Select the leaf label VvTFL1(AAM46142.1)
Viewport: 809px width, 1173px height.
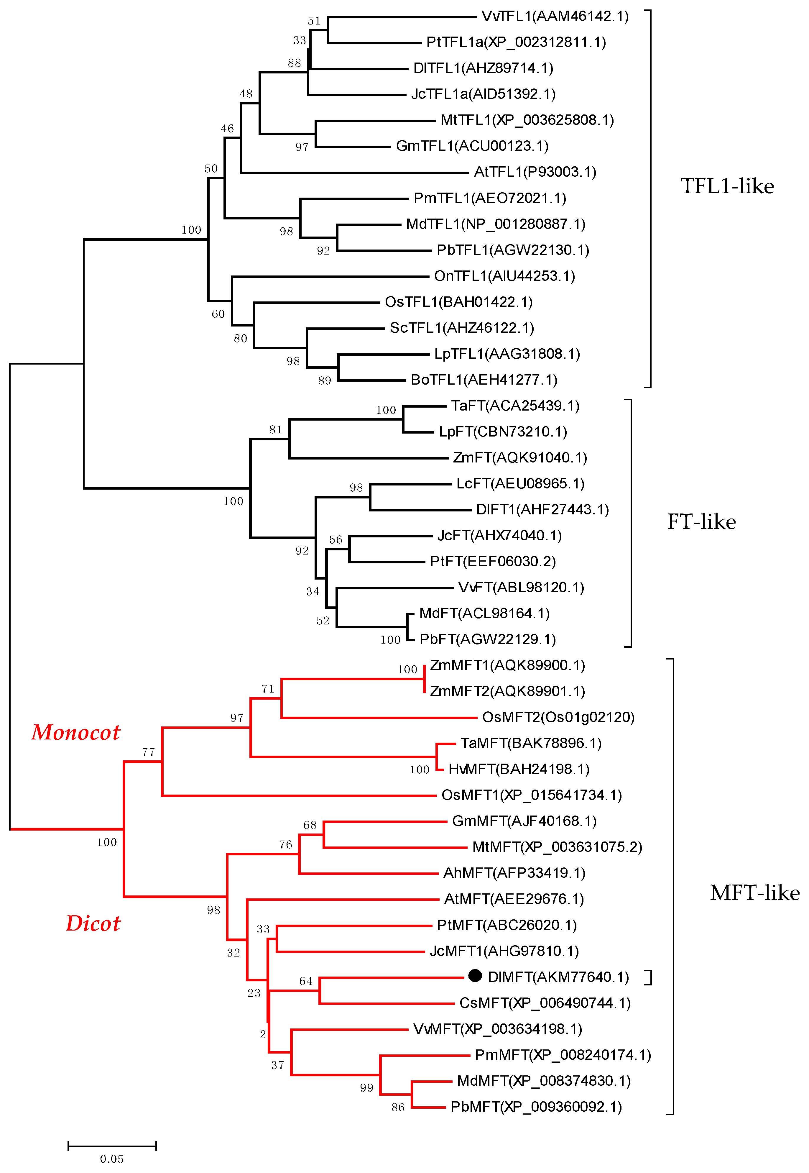click(x=555, y=16)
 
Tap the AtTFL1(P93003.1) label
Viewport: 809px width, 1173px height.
click(x=535, y=172)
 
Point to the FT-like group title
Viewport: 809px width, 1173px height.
click(x=701, y=522)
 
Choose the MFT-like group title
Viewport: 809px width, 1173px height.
click(x=754, y=893)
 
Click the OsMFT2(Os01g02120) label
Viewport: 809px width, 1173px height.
click(x=558, y=717)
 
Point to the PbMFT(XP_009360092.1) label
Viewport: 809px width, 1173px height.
click(x=536, y=1107)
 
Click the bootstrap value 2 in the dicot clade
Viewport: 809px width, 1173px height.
click(x=263, y=1034)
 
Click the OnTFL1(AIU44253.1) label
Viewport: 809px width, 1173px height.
click(x=504, y=276)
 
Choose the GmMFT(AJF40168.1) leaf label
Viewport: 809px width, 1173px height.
click(x=524, y=821)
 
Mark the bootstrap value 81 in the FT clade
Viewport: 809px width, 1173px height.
click(x=276, y=429)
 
